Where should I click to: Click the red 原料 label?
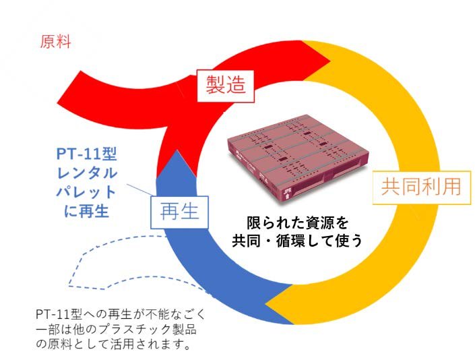pyautogui.click(x=55, y=42)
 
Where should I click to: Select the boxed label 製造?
pyautogui.click(x=226, y=86)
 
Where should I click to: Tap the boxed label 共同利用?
pyautogui.click(x=421, y=187)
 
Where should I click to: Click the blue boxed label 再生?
pyautogui.click(x=180, y=212)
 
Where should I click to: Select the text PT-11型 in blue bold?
pyautogui.click(x=87, y=154)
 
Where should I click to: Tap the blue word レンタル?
pyautogui.click(x=87, y=173)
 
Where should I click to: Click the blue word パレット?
pyautogui.click(x=86, y=192)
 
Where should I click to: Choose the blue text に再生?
pyautogui.click(x=86, y=211)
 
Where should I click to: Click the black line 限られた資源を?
pyautogui.click(x=298, y=223)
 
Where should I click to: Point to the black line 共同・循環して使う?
pyautogui.click(x=297, y=241)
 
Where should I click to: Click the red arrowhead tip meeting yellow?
pyautogui.click(x=330, y=60)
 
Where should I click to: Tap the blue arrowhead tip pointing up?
pyautogui.click(x=176, y=150)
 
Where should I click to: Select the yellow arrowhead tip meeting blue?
pyautogui.click(x=266, y=302)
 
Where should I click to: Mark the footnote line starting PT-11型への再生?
pyautogui.click(x=121, y=314)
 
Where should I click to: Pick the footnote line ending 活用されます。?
pyautogui.click(x=114, y=344)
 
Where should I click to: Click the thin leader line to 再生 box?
pyautogui.click(x=139, y=190)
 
